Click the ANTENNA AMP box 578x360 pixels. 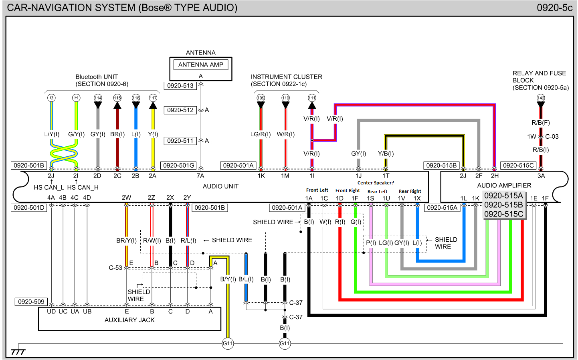200,65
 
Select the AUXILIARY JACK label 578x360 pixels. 129,320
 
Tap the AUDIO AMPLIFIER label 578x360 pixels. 504,185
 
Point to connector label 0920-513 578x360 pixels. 180,85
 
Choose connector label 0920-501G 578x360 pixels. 179,165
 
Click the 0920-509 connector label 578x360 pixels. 31,301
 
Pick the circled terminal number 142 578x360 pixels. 541,98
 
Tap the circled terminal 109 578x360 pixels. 261,98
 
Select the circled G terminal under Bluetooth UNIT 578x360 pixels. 51,98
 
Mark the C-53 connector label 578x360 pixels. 115,267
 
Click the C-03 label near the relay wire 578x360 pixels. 552,136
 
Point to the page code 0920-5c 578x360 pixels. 554,8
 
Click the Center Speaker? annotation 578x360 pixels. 376,183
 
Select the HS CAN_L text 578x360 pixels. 49,187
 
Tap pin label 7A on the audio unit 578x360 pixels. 200,176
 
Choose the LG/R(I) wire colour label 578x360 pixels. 261,134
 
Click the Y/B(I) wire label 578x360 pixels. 386,154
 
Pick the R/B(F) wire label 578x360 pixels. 540,123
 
